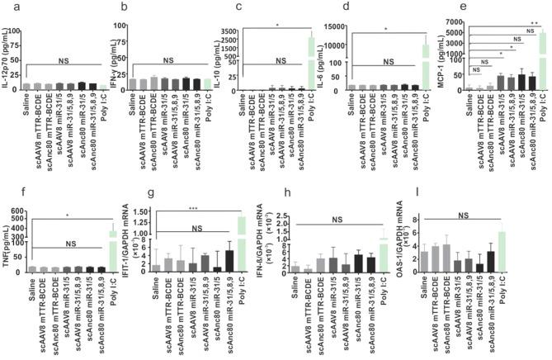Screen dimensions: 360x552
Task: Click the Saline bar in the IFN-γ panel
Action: click(x=133, y=83)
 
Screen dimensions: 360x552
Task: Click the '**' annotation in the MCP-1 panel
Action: click(x=535, y=22)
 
